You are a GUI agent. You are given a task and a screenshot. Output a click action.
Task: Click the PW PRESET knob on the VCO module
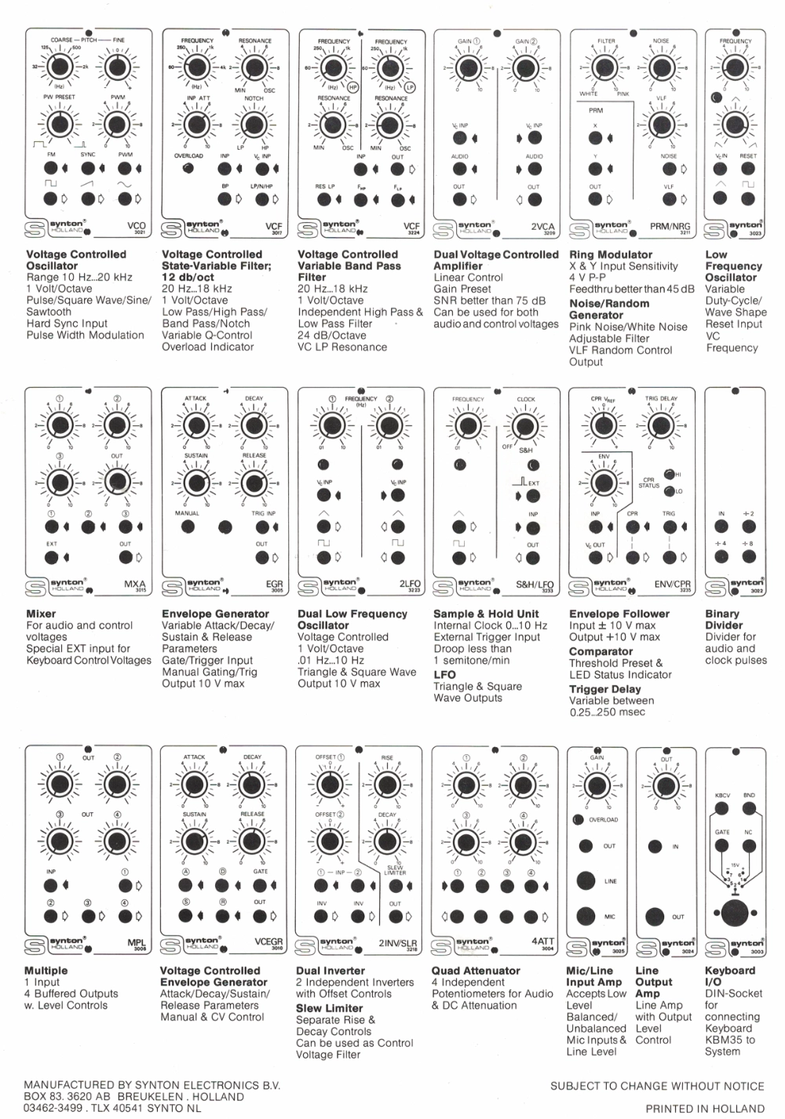[x=59, y=124]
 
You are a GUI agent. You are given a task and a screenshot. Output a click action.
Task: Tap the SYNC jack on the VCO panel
[x=88, y=168]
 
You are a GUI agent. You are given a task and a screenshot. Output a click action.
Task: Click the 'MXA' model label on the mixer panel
[x=135, y=585]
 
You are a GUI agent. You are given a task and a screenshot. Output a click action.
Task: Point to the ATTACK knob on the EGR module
[x=195, y=425]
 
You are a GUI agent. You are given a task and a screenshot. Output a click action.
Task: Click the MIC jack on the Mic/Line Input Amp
[x=586, y=915]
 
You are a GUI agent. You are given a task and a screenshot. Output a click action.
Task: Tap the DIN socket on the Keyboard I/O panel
[x=735, y=913]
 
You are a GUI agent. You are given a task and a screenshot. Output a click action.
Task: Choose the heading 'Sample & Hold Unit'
[x=486, y=614]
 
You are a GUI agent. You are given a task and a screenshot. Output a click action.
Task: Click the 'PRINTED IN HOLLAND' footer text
[x=704, y=1108]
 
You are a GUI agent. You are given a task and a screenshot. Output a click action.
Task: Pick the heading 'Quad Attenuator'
[x=476, y=971]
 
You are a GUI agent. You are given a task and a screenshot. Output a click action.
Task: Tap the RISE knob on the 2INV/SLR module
[x=387, y=784]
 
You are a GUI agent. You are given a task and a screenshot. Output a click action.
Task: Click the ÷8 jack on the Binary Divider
[x=748, y=558]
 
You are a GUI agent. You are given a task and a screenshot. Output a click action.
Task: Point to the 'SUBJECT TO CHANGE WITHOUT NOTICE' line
[x=657, y=1086]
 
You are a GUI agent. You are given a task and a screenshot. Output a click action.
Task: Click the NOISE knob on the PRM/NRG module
[x=661, y=67]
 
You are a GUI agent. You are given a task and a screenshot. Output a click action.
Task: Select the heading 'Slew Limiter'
[x=329, y=1008]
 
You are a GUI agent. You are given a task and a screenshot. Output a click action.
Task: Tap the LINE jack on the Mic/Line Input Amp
[x=586, y=880]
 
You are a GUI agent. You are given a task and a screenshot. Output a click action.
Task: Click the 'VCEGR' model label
[x=268, y=942]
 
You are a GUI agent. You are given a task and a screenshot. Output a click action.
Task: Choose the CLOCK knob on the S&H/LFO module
[x=525, y=425]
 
